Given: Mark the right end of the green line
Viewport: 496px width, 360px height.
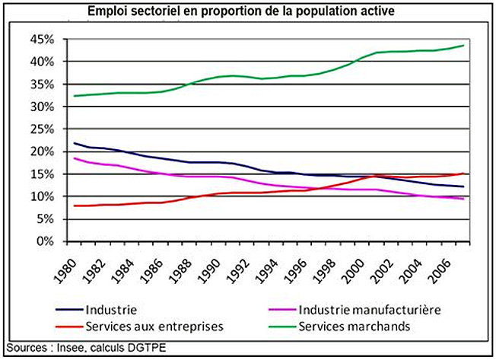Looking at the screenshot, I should [x=464, y=45].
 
